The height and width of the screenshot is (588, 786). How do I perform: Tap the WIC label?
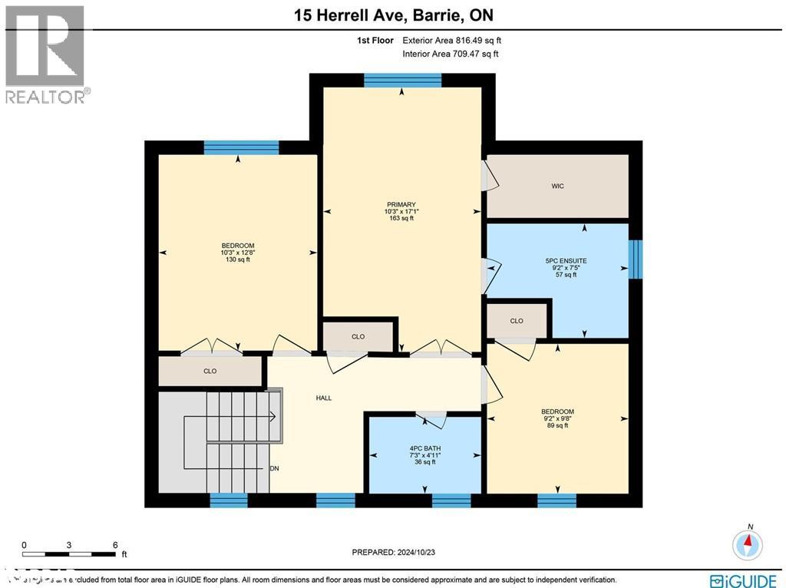click(x=557, y=186)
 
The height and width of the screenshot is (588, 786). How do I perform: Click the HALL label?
click(x=323, y=398)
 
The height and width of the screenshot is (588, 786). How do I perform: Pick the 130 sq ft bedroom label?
click(x=237, y=253)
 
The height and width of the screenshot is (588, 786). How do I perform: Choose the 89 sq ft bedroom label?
click(x=557, y=418)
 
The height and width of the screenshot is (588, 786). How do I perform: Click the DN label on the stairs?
click(x=274, y=468)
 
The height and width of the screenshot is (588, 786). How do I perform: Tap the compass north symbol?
click(x=747, y=544)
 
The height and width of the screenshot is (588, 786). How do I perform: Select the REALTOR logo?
click(x=46, y=54)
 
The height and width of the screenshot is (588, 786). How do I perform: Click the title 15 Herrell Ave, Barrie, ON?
click(x=392, y=15)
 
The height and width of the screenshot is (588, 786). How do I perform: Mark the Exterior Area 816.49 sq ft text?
click(x=451, y=41)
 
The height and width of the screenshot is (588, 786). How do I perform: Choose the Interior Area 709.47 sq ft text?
click(x=450, y=54)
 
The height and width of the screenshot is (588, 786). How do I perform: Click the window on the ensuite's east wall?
click(x=635, y=259)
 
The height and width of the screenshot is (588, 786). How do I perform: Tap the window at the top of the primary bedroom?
click(x=402, y=81)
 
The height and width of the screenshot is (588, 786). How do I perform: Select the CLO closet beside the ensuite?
click(x=517, y=321)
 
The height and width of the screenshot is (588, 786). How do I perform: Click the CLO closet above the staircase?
click(x=210, y=371)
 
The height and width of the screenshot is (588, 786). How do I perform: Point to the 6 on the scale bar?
click(x=115, y=544)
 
